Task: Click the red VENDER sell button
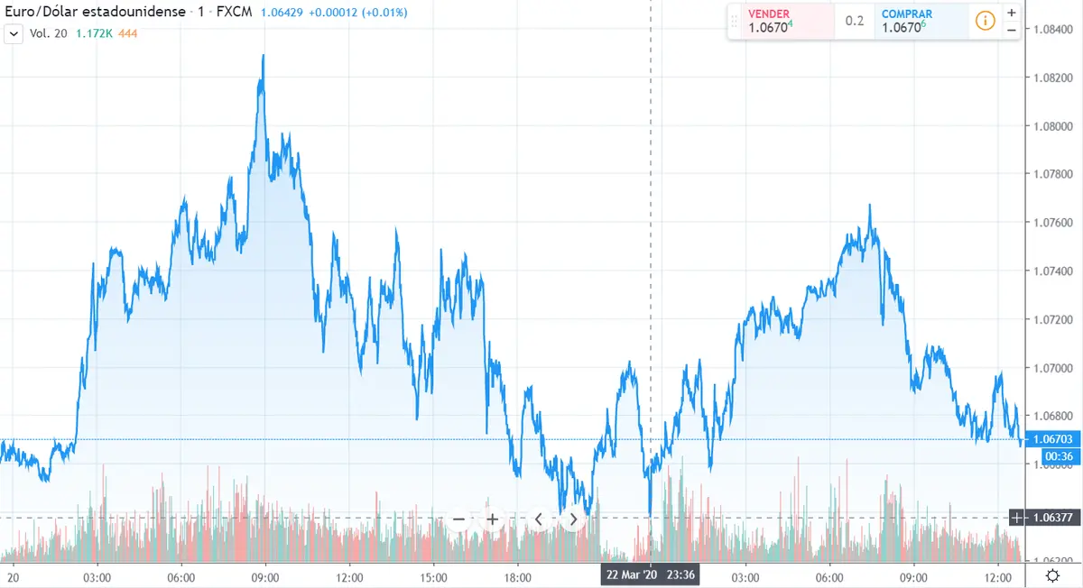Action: tap(781, 21)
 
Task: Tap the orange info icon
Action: tap(985, 21)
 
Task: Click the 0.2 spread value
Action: tap(854, 21)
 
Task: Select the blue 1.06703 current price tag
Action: tap(1051, 438)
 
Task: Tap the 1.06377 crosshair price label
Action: tap(1051, 517)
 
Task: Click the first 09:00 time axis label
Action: tap(265, 577)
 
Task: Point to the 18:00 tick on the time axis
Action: tap(518, 577)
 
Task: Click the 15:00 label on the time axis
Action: tap(434, 577)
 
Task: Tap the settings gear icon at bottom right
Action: tap(1052, 575)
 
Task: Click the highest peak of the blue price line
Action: tap(263, 56)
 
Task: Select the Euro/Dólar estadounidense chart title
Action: tap(95, 13)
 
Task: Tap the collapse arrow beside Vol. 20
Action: tap(14, 33)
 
